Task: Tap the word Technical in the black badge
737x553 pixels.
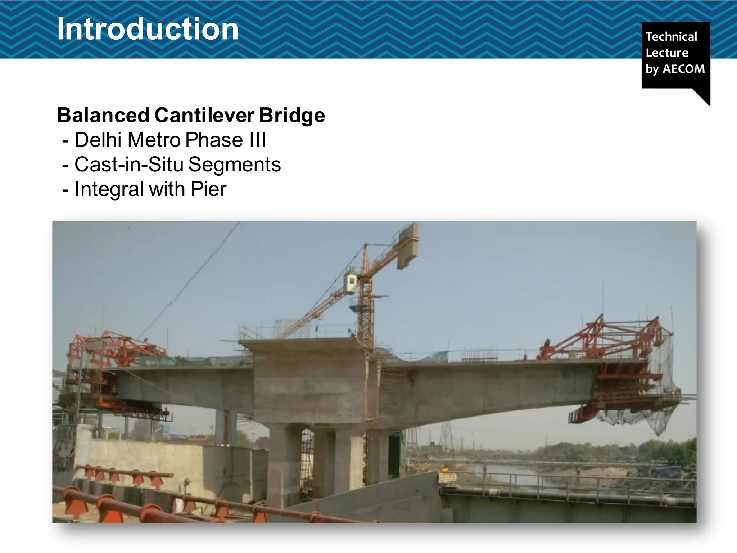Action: [x=671, y=36]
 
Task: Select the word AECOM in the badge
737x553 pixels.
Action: [x=683, y=69]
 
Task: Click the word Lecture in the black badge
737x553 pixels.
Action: [x=666, y=53]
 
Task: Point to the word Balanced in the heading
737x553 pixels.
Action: [x=103, y=115]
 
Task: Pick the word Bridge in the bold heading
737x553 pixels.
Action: [x=292, y=115]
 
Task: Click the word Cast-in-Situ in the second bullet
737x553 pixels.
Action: [x=129, y=165]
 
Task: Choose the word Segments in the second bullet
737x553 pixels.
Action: [x=234, y=165]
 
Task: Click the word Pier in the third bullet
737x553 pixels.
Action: [x=209, y=189]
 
